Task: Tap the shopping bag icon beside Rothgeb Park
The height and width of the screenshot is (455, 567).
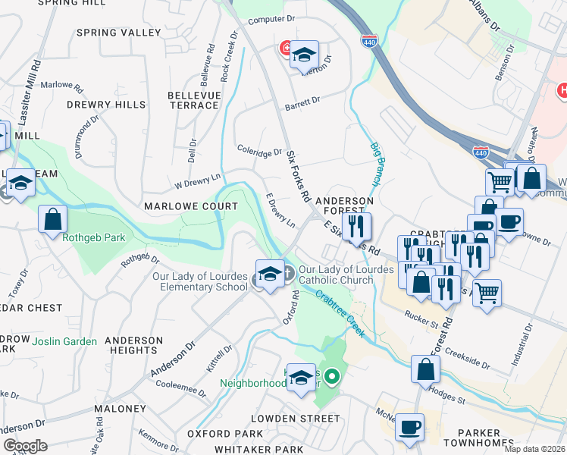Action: point(53,220)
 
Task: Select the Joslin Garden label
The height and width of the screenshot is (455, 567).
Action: point(64,341)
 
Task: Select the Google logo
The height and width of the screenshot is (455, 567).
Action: point(24,446)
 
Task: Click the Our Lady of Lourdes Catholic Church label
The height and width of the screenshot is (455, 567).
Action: point(346,275)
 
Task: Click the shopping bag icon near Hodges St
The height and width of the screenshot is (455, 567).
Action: point(426,369)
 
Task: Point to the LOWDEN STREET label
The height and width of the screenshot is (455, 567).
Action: point(296,418)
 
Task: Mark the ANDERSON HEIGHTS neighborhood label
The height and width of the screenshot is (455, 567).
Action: point(133,345)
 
